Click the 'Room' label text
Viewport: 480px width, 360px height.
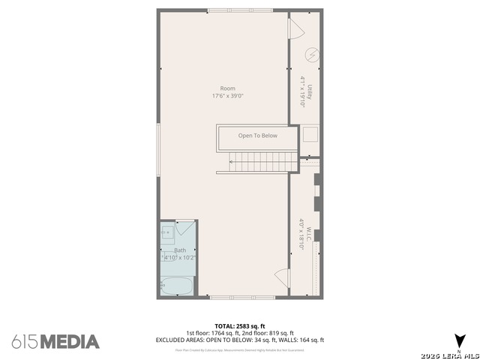pos(227,88)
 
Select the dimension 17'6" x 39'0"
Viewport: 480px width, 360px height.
pos(227,96)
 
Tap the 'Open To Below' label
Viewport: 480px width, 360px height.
pos(257,136)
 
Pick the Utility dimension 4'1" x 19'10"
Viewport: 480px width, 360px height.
pos(302,92)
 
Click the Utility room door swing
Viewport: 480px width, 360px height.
pos(295,30)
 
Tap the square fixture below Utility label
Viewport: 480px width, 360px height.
pos(310,135)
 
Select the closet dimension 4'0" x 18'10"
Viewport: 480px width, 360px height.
pos(301,233)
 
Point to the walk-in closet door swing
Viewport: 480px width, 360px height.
pos(282,277)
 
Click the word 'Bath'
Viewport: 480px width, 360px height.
pos(180,250)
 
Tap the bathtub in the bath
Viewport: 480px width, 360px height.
pos(177,286)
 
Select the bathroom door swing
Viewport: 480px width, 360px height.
pos(186,229)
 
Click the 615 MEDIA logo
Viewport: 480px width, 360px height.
pos(55,342)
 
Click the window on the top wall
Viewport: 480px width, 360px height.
pos(229,10)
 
